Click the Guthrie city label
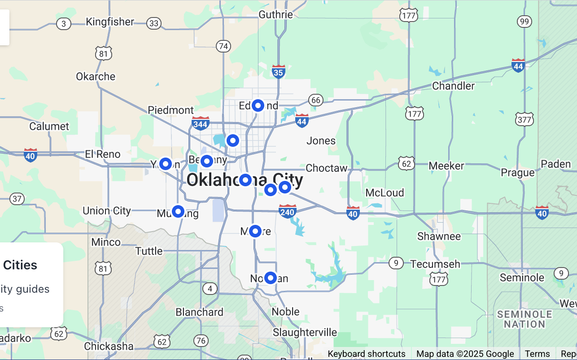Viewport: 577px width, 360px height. tap(275, 14)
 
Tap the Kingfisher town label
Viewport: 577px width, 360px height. tap(110, 22)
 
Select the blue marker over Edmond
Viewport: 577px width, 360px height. tap(258, 105)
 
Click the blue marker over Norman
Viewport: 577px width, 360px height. tap(270, 278)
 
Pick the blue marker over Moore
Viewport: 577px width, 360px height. tap(255, 231)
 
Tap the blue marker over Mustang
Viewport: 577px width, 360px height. tap(178, 211)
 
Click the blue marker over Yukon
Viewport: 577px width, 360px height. tap(166, 164)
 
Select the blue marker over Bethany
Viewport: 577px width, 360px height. tap(206, 161)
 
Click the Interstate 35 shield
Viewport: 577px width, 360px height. tap(279, 71)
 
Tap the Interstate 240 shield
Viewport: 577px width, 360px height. tap(287, 211)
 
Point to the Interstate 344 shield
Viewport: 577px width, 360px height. tap(200, 123)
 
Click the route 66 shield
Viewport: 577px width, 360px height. tap(316, 100)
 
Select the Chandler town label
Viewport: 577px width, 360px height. tap(453, 86)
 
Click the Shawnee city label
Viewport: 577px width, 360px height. tap(439, 236)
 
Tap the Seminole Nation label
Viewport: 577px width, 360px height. tap(524, 319)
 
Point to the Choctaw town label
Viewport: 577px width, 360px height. tap(326, 168)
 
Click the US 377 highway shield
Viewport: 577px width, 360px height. tap(525, 119)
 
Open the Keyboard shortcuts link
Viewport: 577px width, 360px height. tap(366, 354)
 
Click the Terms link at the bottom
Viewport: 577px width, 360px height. tap(537, 354)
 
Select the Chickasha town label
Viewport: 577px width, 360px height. tap(109, 346)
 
